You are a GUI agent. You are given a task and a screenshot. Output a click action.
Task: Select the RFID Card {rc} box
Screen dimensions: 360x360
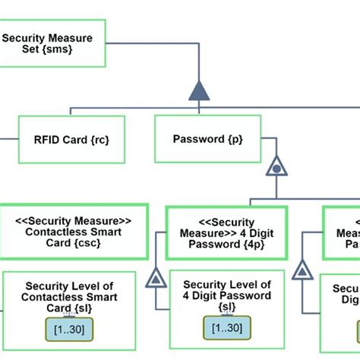[71, 139]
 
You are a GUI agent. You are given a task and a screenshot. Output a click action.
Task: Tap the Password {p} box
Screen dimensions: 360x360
[207, 139]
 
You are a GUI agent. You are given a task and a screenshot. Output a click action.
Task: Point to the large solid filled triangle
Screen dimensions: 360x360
[198, 90]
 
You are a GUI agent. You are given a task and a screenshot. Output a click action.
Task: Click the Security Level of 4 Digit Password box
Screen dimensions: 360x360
[227, 304]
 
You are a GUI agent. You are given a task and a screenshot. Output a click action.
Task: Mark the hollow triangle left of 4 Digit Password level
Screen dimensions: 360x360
[156, 279]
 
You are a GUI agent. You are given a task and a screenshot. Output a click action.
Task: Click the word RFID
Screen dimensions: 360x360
[49, 139]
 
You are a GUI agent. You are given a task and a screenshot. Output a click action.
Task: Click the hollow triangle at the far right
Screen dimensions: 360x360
[302, 269]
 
